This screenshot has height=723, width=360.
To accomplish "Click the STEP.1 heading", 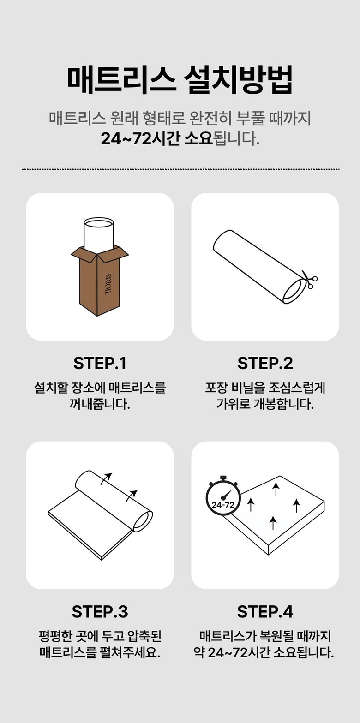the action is (100, 363).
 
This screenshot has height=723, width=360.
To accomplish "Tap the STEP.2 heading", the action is (265, 363).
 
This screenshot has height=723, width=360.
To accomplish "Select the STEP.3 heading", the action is (100, 611).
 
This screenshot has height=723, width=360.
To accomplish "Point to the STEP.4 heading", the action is (265, 611).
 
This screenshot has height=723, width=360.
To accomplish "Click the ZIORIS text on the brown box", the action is (108, 284).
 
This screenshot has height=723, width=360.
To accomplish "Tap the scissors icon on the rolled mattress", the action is (309, 279).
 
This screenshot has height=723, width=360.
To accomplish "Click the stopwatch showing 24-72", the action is (223, 497).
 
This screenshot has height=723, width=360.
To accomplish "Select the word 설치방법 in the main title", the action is (238, 80).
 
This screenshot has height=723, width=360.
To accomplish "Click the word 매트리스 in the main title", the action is (122, 80).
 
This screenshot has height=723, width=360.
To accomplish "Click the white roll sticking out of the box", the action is (98, 234).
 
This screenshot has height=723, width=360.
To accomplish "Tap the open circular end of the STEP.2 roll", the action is (294, 292).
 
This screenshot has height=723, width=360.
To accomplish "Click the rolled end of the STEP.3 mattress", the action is (143, 521).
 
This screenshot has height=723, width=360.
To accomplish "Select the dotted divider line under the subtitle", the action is (180, 169).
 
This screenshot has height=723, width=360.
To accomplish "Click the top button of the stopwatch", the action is (223, 478).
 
